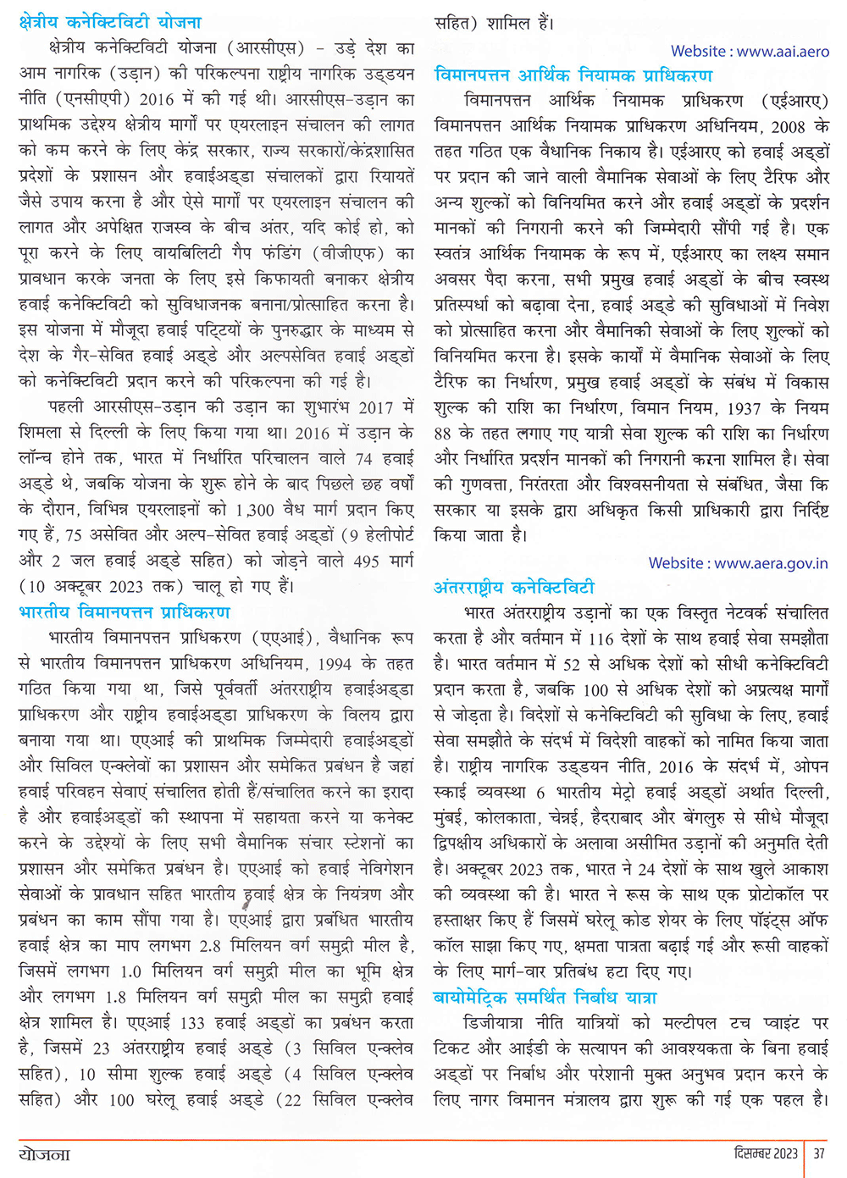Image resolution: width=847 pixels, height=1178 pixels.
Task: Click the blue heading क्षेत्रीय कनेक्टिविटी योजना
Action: click(x=110, y=22)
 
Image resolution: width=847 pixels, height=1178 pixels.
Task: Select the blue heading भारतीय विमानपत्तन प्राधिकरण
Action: click(x=125, y=611)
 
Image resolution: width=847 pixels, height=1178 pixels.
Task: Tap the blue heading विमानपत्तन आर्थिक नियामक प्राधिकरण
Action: click(x=573, y=75)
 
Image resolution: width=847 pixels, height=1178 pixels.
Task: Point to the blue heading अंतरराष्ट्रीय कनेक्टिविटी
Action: click(x=514, y=587)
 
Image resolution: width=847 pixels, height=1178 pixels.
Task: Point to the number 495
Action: click(x=367, y=561)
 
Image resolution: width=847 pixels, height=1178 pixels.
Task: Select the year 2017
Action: click(x=376, y=406)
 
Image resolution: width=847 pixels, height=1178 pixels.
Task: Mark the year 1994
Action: click(x=331, y=663)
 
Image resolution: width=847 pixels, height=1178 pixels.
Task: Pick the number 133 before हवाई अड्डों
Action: click(x=193, y=1023)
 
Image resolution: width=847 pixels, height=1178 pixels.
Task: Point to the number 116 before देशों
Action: click(x=601, y=638)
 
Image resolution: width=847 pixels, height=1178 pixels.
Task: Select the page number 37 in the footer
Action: click(x=819, y=1153)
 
